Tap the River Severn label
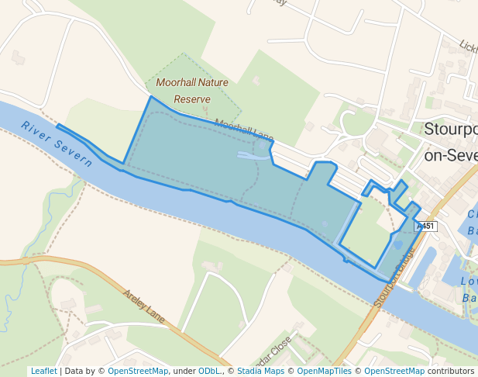57,144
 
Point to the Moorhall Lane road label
243,131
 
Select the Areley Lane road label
144,306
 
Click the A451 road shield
426,227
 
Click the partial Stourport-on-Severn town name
450,140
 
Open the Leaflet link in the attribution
43,371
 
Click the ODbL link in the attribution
210,371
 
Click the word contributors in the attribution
451,371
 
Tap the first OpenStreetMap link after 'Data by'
137,371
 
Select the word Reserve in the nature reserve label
192,99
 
